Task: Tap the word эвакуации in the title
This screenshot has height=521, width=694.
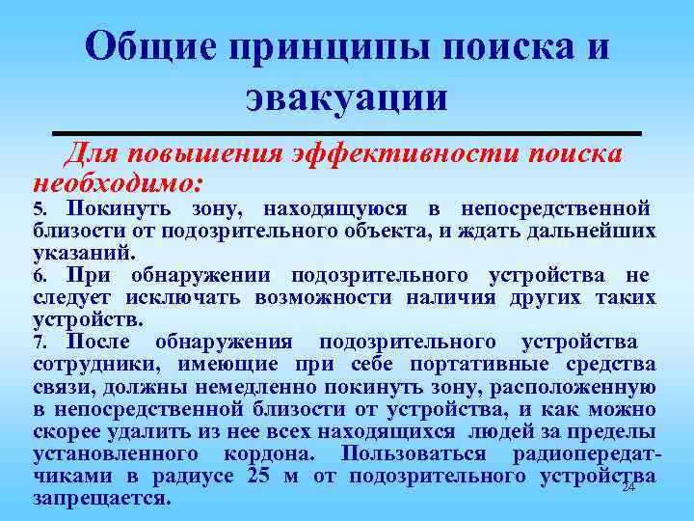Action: [x=346, y=97]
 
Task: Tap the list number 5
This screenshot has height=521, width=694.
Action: [x=39, y=209]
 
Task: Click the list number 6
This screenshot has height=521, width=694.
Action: [x=39, y=276]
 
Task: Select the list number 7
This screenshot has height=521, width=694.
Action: [x=39, y=343]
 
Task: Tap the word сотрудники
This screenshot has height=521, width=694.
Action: [x=90, y=364]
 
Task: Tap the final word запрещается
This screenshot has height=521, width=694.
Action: [x=101, y=498]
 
